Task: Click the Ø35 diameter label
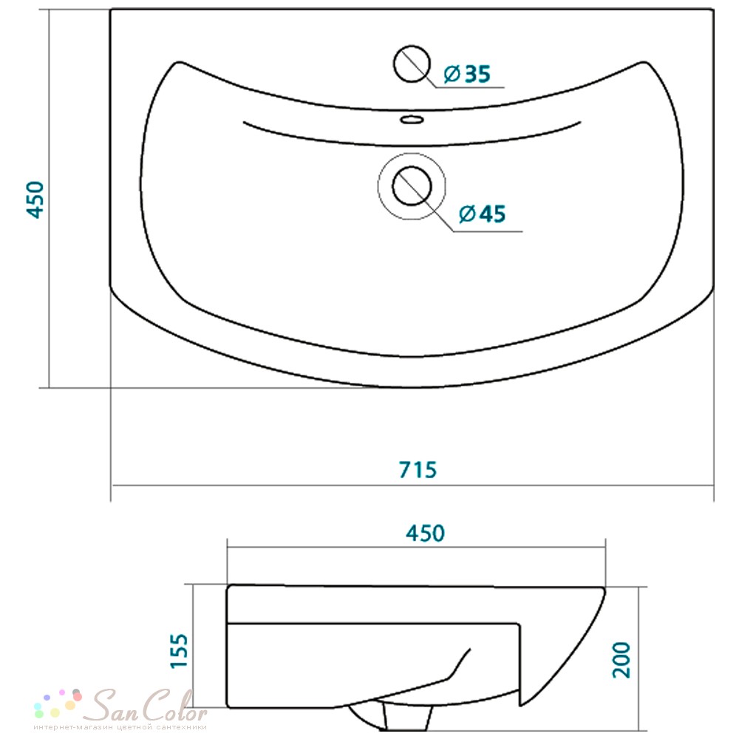[467, 74]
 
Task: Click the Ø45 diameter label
[482, 214]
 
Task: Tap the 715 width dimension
[418, 470]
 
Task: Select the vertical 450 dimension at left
[35, 200]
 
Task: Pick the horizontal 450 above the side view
[425, 533]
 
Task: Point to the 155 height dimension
[179, 651]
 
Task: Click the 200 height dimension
[621, 660]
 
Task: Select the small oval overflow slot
[412, 120]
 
